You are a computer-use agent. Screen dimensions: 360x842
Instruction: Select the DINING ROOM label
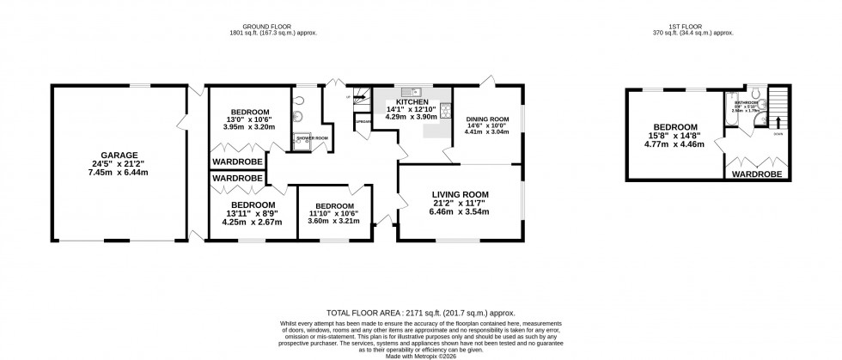487,119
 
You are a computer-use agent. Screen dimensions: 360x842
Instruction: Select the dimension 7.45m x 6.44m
119,172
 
